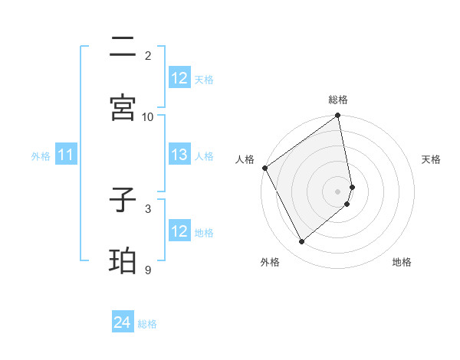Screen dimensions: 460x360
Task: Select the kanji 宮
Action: [x=123, y=107]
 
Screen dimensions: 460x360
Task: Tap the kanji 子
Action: [x=123, y=201]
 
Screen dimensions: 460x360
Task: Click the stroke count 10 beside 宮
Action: [x=148, y=116]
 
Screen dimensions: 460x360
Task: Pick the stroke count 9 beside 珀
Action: [x=147, y=270]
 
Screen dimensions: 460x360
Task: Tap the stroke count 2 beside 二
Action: [x=147, y=55]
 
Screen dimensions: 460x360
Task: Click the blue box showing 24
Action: [x=123, y=323]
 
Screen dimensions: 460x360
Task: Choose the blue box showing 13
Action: [x=179, y=155]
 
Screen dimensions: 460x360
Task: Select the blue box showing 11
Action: [x=66, y=155]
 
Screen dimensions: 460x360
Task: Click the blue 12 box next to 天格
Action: [x=179, y=78]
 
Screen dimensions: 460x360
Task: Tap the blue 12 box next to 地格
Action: [x=179, y=231]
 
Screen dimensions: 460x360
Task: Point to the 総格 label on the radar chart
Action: [x=338, y=100]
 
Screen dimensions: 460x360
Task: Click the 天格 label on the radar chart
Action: [x=431, y=159]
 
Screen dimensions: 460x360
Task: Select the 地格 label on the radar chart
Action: [x=402, y=262]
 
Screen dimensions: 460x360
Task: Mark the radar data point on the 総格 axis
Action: [x=338, y=116]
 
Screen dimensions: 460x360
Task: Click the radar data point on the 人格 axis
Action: [x=264, y=168]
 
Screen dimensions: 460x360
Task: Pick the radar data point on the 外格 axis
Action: [x=301, y=242]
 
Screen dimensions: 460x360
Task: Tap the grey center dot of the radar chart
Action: [x=338, y=191]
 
